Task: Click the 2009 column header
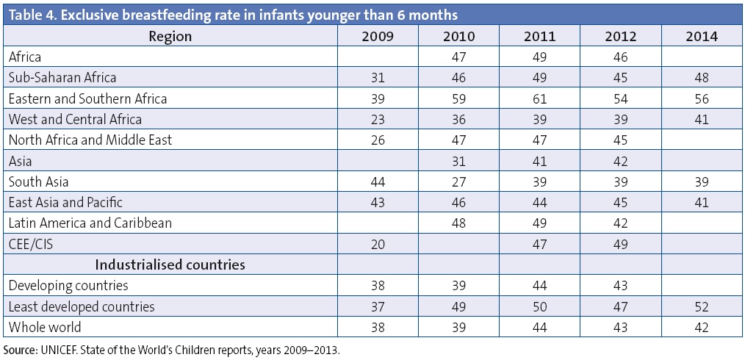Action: (x=377, y=36)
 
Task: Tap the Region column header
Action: (x=170, y=36)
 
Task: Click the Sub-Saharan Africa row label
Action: (x=62, y=77)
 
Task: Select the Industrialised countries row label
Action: (x=170, y=264)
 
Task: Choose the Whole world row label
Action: (x=45, y=327)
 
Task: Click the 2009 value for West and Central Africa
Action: (x=377, y=118)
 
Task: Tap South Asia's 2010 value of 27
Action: (x=459, y=181)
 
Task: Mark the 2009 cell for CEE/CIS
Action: (x=377, y=243)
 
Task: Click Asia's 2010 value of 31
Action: (x=459, y=160)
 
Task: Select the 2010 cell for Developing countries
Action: (x=459, y=285)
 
